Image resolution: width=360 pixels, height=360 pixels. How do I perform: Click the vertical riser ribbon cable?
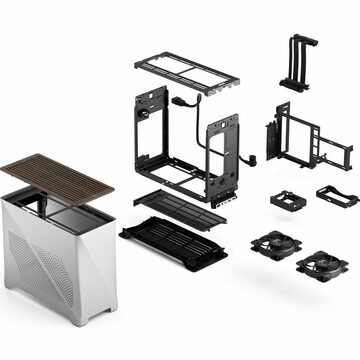pyautogui.click(x=294, y=60)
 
